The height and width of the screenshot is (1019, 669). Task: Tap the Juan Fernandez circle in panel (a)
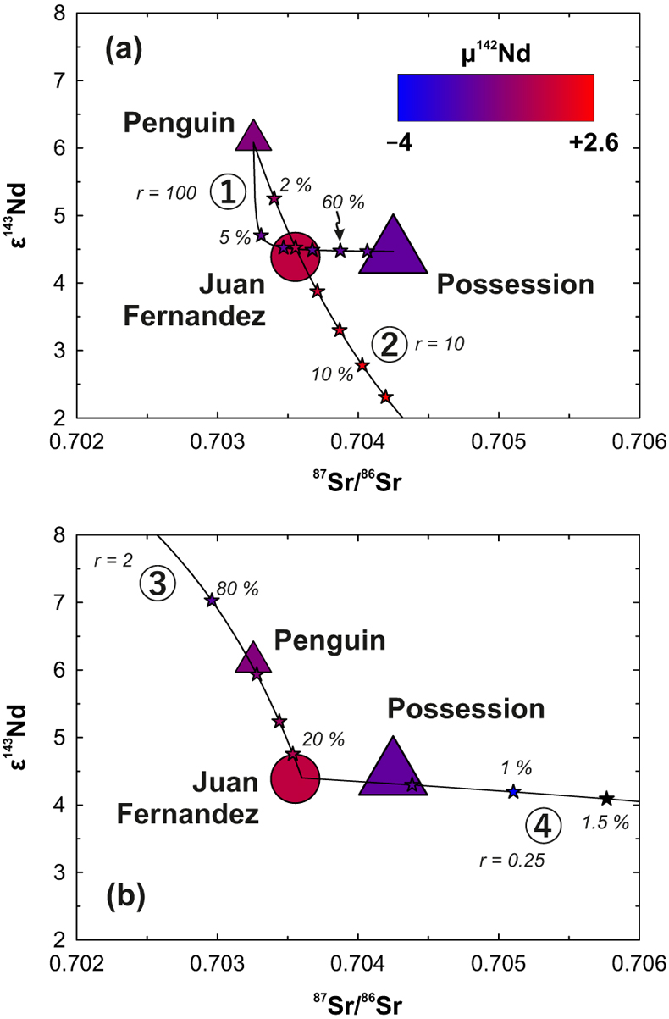pos(296,257)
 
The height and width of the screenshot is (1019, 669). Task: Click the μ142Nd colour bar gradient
pos(495,97)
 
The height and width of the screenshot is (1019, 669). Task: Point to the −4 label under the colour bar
pos(400,143)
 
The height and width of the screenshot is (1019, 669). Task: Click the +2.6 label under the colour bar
pos(594,143)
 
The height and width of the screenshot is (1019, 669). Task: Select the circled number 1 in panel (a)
pos(228,191)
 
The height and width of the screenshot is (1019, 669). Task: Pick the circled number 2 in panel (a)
pos(389,345)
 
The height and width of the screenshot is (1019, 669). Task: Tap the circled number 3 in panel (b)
pos(158,584)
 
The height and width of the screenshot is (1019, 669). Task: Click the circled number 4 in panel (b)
pos(543,826)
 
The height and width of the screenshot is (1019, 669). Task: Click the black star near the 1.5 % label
pos(606,798)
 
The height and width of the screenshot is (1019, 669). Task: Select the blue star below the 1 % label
pos(513,791)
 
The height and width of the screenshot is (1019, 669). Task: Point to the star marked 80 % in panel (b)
pos(212,601)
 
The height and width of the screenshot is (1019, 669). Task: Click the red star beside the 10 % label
pos(362,365)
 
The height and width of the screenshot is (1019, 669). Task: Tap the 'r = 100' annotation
pos(167,193)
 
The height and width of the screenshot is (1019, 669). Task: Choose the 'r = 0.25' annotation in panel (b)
pos(512,861)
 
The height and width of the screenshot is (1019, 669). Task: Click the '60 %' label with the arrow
pos(343,202)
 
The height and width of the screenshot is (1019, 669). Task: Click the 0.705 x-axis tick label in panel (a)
pos(499,441)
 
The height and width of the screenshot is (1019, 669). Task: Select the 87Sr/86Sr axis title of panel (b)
pos(357,1004)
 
